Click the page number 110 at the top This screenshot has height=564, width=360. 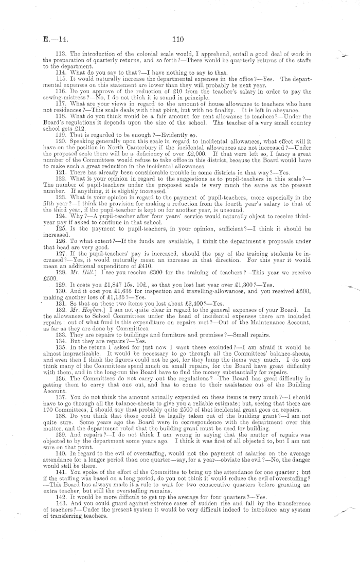[x=178, y=38]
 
